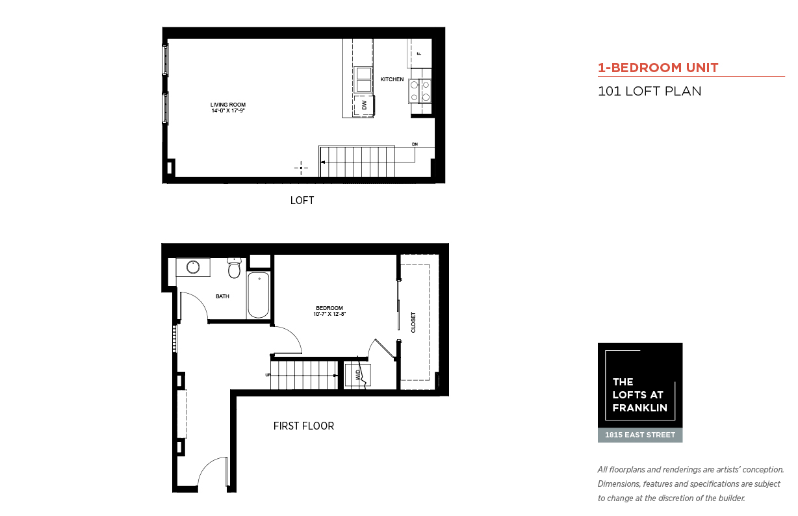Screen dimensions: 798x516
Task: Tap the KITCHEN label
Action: click(392, 79)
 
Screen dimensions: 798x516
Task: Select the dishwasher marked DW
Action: click(364, 105)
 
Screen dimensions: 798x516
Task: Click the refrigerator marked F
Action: click(419, 53)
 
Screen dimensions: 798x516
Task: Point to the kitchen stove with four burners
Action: click(420, 91)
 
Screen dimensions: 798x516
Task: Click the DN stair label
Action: click(415, 144)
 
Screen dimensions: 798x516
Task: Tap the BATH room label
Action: click(222, 296)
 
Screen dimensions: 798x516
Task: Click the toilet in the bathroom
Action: click(234, 268)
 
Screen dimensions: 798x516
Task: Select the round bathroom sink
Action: click(193, 267)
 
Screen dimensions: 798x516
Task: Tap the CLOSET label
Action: click(413, 322)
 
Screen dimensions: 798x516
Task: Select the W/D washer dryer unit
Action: click(357, 375)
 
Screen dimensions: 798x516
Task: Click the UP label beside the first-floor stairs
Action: click(268, 375)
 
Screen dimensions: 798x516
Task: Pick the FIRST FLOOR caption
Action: click(303, 426)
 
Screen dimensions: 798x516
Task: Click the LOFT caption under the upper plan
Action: click(302, 200)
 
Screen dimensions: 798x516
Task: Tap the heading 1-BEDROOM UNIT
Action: click(658, 68)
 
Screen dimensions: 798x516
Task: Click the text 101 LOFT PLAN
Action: click(649, 91)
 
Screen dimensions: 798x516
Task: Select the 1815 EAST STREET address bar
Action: click(640, 435)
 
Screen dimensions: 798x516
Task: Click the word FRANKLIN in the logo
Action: click(640, 407)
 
